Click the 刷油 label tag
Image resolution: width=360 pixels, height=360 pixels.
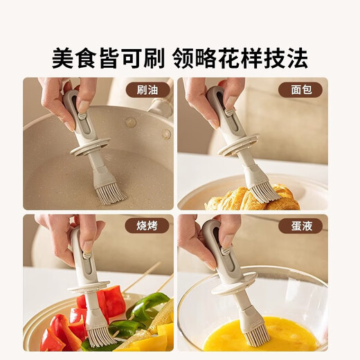(147, 89)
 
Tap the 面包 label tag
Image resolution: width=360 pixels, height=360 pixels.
(300, 89)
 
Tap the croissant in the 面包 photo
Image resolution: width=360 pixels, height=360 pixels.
(242, 201)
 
